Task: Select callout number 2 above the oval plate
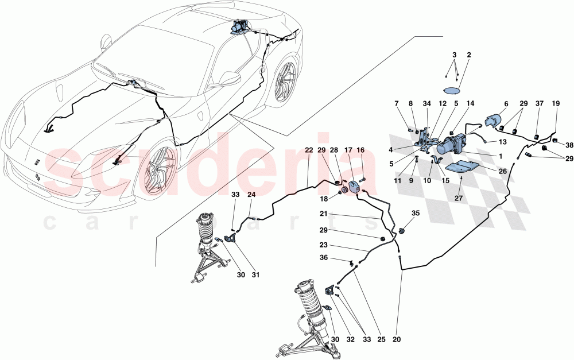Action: (x=468, y=55)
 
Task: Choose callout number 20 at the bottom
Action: (x=397, y=339)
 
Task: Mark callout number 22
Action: (x=308, y=150)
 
